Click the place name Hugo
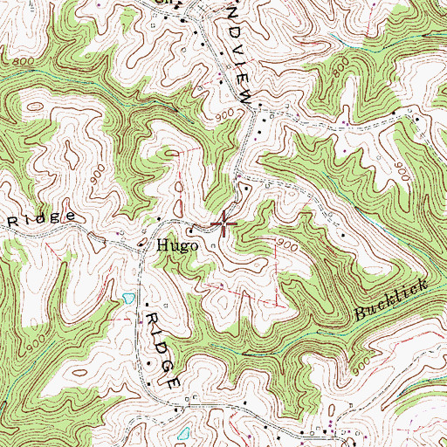[x=177, y=246]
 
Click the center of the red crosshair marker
[x=223, y=224]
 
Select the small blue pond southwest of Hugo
[x=128, y=298]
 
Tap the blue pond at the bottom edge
[x=182, y=433]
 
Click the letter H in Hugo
[x=162, y=246]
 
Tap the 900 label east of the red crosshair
[x=291, y=247]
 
